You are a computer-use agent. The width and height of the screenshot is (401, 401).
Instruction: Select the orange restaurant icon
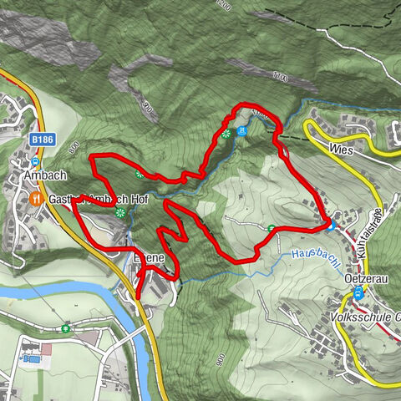(x=35, y=199)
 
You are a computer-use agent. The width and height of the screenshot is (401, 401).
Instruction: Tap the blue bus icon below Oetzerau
(x=359, y=292)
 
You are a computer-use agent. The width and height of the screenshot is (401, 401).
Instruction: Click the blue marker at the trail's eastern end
(x=331, y=223)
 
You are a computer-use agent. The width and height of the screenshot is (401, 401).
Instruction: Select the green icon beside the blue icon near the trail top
(x=226, y=133)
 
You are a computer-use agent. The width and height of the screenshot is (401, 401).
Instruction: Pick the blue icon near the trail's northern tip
(x=241, y=131)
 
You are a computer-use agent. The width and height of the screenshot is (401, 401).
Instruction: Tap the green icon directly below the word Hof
(x=120, y=215)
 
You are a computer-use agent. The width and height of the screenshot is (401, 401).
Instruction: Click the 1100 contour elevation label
(x=279, y=78)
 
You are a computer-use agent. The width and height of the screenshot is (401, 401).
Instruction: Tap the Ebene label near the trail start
(x=151, y=259)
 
